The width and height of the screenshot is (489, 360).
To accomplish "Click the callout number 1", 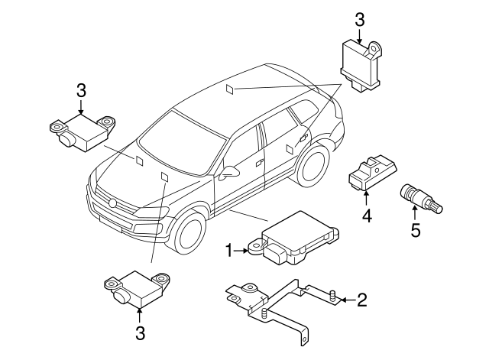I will (227, 250).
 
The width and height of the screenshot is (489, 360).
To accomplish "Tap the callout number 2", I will (361, 300).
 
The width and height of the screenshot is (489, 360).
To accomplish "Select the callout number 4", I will (367, 216).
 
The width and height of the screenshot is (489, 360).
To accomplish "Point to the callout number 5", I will (416, 229).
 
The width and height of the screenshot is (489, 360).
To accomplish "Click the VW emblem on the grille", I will (112, 203).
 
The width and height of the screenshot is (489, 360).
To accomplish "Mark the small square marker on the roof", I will (230, 89).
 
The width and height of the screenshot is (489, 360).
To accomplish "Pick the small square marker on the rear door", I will (289, 148).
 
